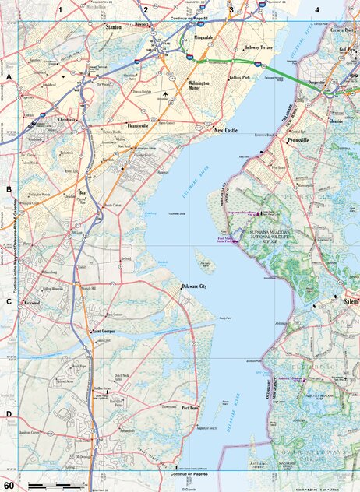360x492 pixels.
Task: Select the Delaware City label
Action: pyautogui.click(x=193, y=287)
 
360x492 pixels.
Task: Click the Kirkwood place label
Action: pyautogui.click(x=31, y=301)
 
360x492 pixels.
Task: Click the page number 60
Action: pyautogui.click(x=9, y=486)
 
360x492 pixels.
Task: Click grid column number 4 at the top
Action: pyautogui.click(x=317, y=9)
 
